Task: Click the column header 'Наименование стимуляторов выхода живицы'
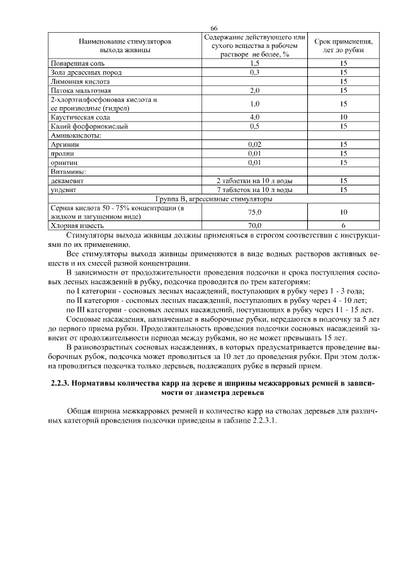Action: click(x=125, y=45)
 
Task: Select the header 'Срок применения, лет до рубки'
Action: click(x=343, y=45)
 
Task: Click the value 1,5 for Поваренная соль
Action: click(x=254, y=64)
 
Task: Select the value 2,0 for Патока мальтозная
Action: click(x=254, y=90)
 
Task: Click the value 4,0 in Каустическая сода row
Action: click(x=254, y=117)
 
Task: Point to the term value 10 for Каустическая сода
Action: click(x=343, y=117)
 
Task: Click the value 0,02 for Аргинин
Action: click(x=254, y=144)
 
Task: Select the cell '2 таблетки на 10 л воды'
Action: click(x=254, y=180)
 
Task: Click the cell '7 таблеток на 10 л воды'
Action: click(x=254, y=189)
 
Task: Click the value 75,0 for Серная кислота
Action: click(x=254, y=212)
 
